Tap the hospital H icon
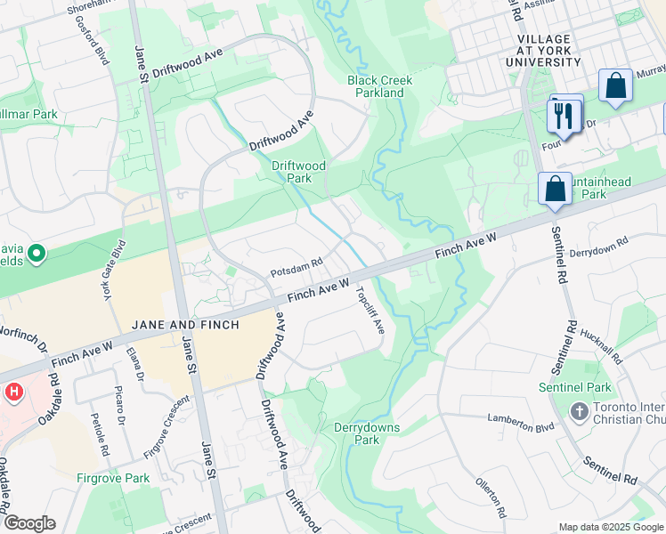click(x=13, y=391)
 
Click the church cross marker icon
click(x=580, y=411)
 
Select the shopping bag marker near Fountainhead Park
click(x=555, y=189)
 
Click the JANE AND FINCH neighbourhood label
click(x=184, y=325)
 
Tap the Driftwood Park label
click(x=299, y=172)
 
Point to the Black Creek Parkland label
click(x=380, y=86)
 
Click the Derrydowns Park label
click(x=367, y=433)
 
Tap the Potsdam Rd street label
click(x=296, y=274)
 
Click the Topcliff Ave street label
click(x=370, y=310)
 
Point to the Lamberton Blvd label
click(x=521, y=417)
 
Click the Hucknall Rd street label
click(x=601, y=344)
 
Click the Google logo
click(x=29, y=523)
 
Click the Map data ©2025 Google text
click(x=610, y=526)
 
